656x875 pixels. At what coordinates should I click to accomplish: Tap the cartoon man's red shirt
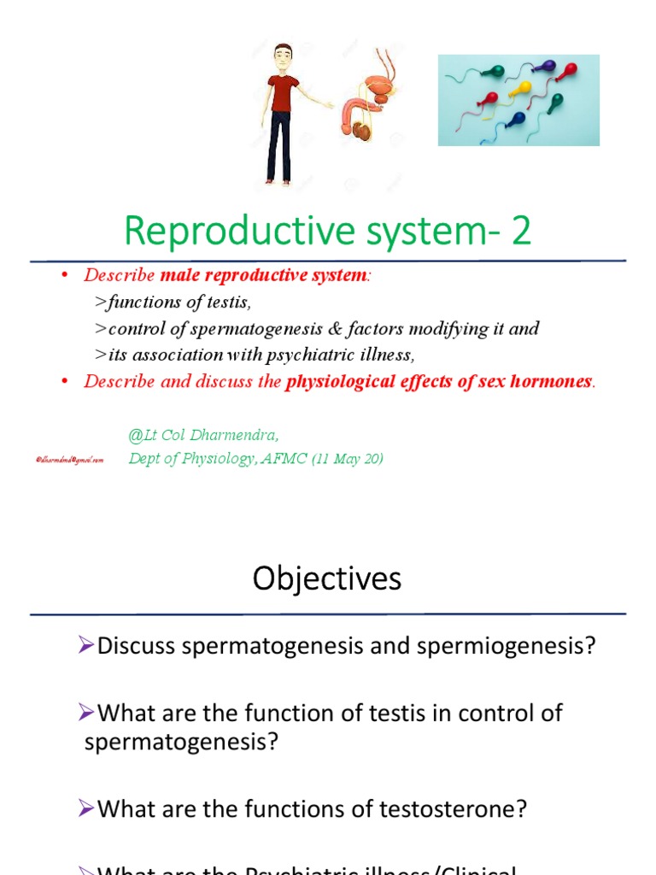tap(281, 92)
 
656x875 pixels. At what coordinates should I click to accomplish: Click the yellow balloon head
tap(520, 88)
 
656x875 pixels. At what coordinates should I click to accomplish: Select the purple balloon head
tap(548, 67)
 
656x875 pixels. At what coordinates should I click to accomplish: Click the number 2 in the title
tap(522, 232)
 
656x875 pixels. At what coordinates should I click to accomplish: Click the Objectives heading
tap(327, 579)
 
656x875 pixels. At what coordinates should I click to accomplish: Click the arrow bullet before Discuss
tap(85, 646)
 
